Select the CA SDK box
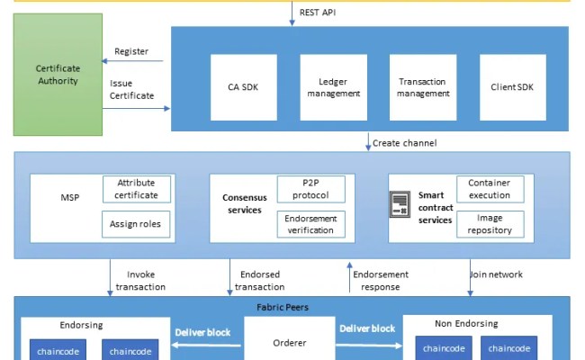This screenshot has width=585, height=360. coord(242,87)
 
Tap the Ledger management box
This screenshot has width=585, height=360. coord(332,87)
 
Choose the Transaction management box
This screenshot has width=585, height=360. coord(422,87)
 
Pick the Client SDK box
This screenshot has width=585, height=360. coord(512,87)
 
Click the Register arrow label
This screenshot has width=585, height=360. coord(131,51)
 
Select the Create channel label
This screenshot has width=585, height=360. coord(404,143)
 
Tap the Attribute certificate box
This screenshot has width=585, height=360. coord(137,189)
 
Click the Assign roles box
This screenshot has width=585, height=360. coord(137,224)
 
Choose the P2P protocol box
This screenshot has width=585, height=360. coord(310,189)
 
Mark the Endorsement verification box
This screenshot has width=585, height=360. coord(310,224)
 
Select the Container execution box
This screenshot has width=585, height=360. coord(490,189)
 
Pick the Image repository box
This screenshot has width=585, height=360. coord(490,224)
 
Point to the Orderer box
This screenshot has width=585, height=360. coord(290,343)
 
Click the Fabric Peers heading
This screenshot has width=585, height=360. coord(290,307)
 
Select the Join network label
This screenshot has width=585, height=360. coord(496,274)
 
